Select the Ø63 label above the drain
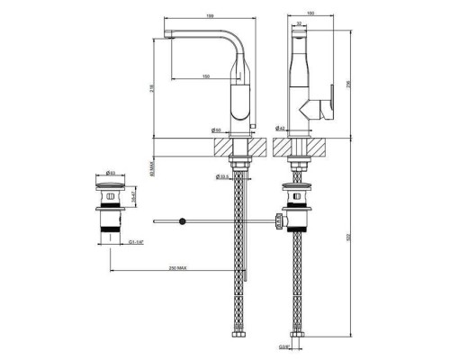pos(110,172)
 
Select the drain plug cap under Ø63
pos(111,184)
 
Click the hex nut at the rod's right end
pos(279,220)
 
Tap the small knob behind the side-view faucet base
pos(252,122)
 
